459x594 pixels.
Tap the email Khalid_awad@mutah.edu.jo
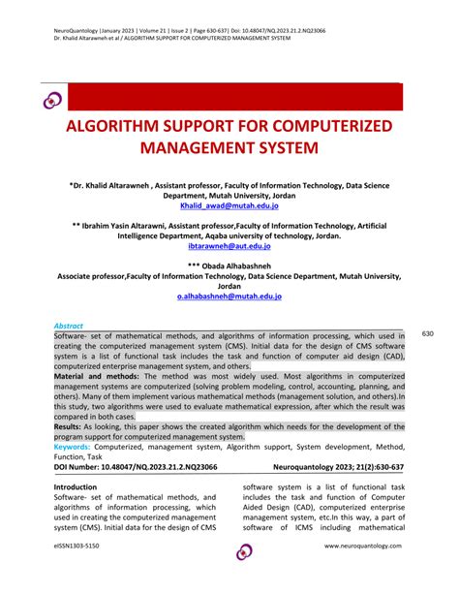229,205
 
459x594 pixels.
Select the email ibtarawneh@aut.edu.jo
229,247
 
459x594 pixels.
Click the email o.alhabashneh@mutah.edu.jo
229,297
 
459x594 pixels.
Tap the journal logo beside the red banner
51,98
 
